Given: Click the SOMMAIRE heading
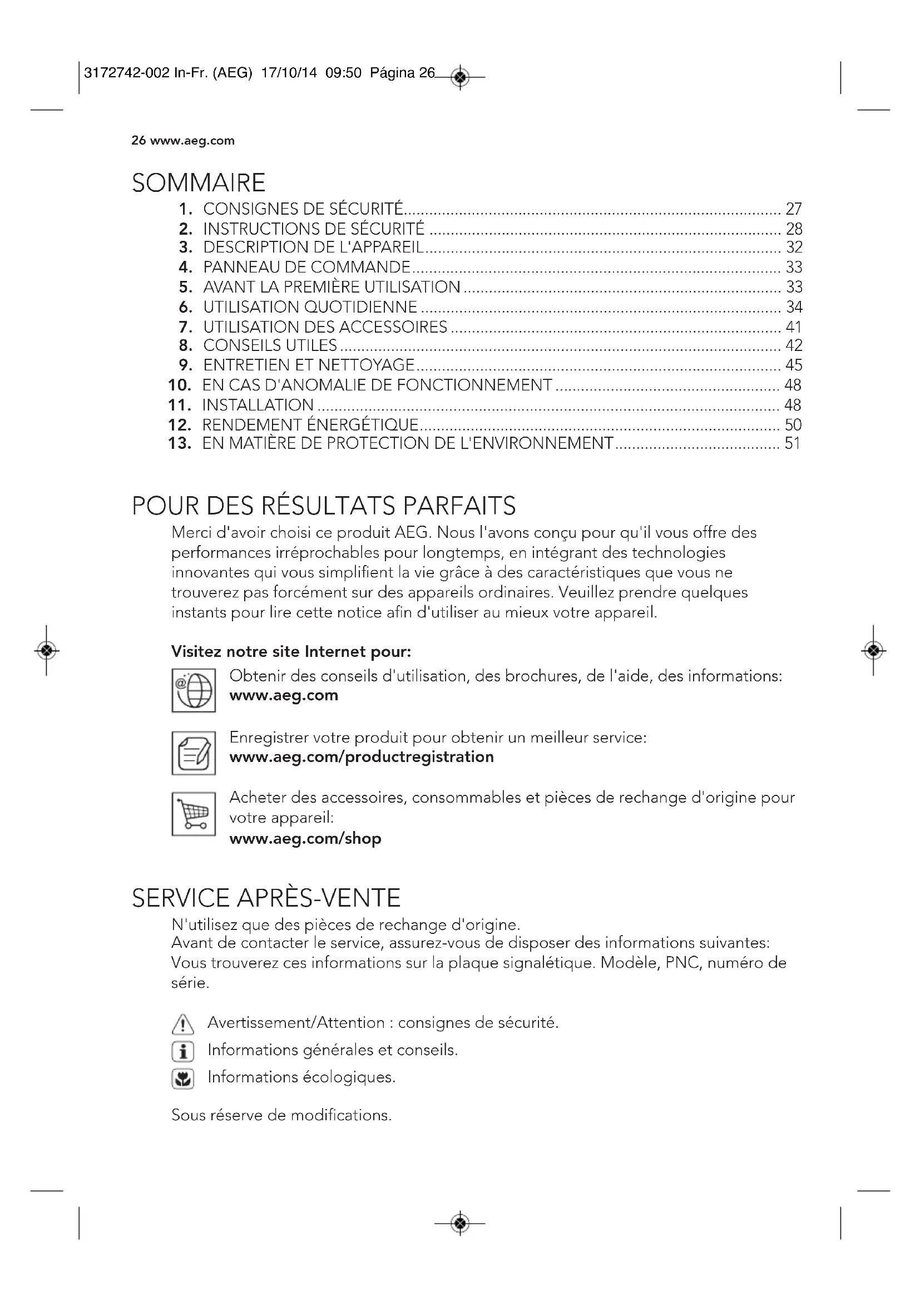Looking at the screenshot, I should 198,182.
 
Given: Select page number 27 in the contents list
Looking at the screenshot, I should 793,209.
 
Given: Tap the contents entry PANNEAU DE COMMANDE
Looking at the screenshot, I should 306,267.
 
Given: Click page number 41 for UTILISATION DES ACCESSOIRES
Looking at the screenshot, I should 793,327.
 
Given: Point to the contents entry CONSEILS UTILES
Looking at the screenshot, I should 270,345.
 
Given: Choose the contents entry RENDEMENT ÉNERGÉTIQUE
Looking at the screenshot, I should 310,424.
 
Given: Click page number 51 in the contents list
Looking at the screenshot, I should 793,443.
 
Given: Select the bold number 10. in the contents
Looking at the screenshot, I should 180,385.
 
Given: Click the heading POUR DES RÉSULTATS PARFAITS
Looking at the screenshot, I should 324,506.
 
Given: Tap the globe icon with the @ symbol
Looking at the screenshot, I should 194,690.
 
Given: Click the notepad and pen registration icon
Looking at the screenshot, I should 194,753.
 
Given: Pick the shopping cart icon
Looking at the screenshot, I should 194,814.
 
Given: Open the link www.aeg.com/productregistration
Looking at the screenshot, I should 362,757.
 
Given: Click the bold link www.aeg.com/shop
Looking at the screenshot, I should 305,838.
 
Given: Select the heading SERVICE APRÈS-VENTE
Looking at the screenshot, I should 266,898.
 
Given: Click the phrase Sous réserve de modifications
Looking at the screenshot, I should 281,1115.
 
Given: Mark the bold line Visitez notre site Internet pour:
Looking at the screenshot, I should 291,652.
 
